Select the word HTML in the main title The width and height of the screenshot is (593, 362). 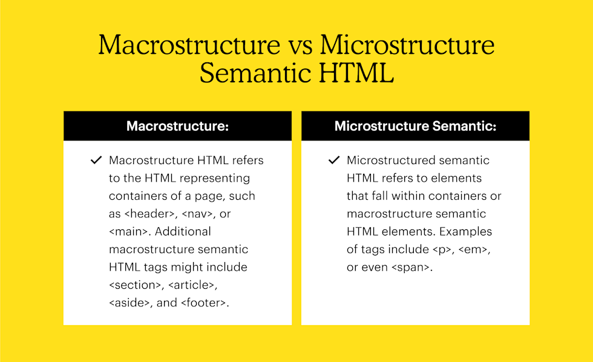(x=356, y=73)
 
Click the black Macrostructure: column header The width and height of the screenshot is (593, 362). (x=177, y=126)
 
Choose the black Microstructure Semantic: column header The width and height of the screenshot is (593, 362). (x=415, y=126)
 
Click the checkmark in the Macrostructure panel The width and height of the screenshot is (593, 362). (x=96, y=160)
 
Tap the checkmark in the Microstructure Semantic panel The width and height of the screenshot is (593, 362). (x=334, y=160)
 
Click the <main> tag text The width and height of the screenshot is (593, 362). (x=128, y=231)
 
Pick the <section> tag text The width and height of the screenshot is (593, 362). (x=135, y=285)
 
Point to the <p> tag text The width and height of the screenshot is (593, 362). (x=441, y=249)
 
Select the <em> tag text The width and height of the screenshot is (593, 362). (x=473, y=249)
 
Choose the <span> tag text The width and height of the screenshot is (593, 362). (x=410, y=268)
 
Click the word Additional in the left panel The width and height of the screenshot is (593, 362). (x=183, y=231)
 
